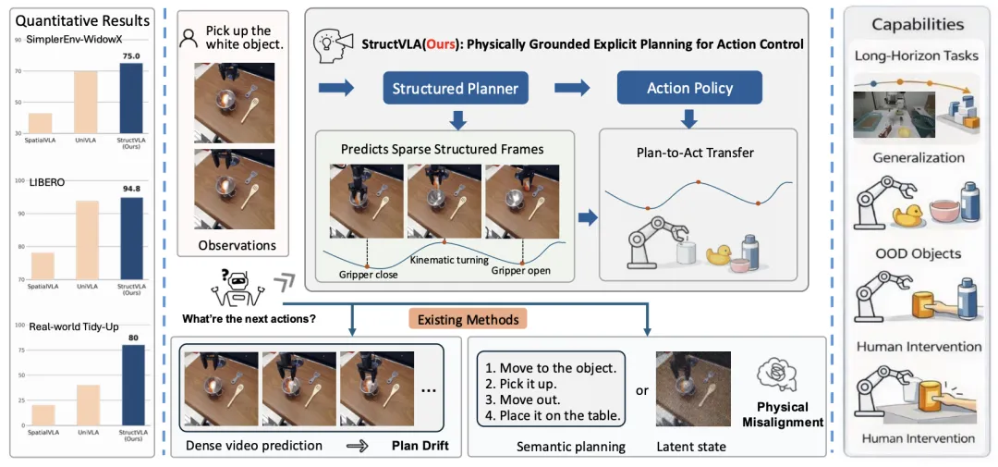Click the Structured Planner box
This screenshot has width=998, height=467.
click(455, 89)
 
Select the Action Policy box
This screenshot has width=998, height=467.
click(689, 89)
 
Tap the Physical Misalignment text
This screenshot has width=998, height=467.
click(782, 414)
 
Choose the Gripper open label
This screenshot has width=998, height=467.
click(520, 270)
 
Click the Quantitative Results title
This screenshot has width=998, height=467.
click(83, 20)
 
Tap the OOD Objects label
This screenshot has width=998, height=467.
click(919, 253)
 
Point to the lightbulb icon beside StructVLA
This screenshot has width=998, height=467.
click(329, 43)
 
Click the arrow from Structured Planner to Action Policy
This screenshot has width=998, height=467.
click(572, 89)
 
